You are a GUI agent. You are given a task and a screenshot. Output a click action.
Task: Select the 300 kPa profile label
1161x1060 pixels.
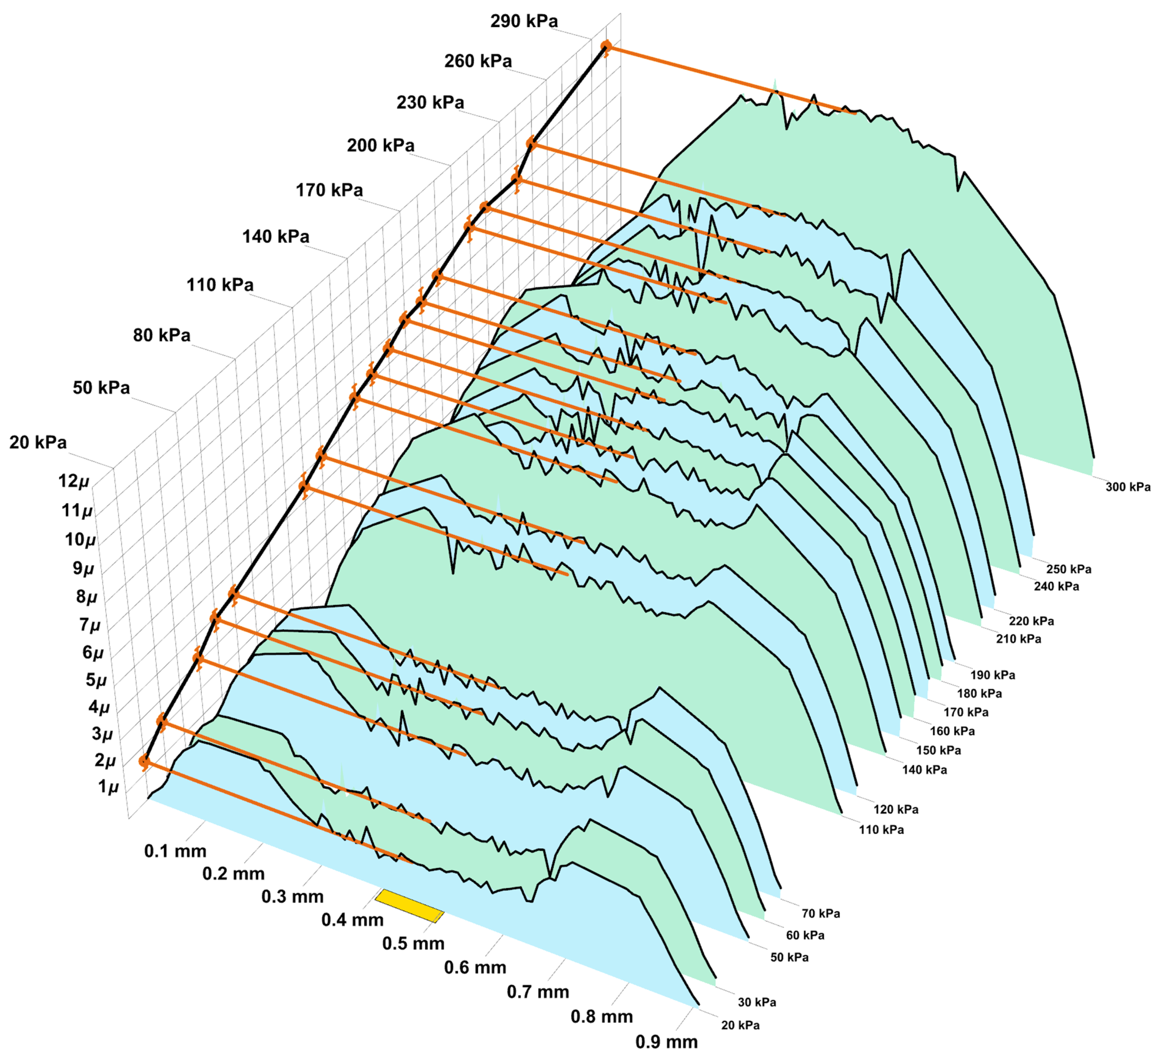coord(1127,487)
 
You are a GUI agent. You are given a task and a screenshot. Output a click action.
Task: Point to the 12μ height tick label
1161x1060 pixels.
coord(74,481)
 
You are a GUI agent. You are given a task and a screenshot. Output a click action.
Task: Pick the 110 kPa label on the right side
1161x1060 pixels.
coord(881,830)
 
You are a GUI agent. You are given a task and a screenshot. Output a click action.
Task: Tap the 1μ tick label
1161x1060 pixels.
coord(108,786)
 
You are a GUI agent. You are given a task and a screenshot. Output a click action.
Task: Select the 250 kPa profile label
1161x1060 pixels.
coord(1068,569)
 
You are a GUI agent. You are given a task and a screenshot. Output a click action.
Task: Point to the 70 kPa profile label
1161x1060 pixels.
coord(820,913)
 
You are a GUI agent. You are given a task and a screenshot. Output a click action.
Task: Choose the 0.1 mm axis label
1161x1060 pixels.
coord(175,851)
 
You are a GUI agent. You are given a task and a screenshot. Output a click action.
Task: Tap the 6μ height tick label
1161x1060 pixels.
coord(93,652)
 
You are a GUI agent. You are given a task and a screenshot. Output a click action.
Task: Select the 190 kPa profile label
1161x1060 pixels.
coord(992,675)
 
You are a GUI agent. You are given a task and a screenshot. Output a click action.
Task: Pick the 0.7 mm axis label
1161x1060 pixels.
coord(537,992)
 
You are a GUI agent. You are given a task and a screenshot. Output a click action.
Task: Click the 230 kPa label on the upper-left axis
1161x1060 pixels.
coord(430,102)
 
